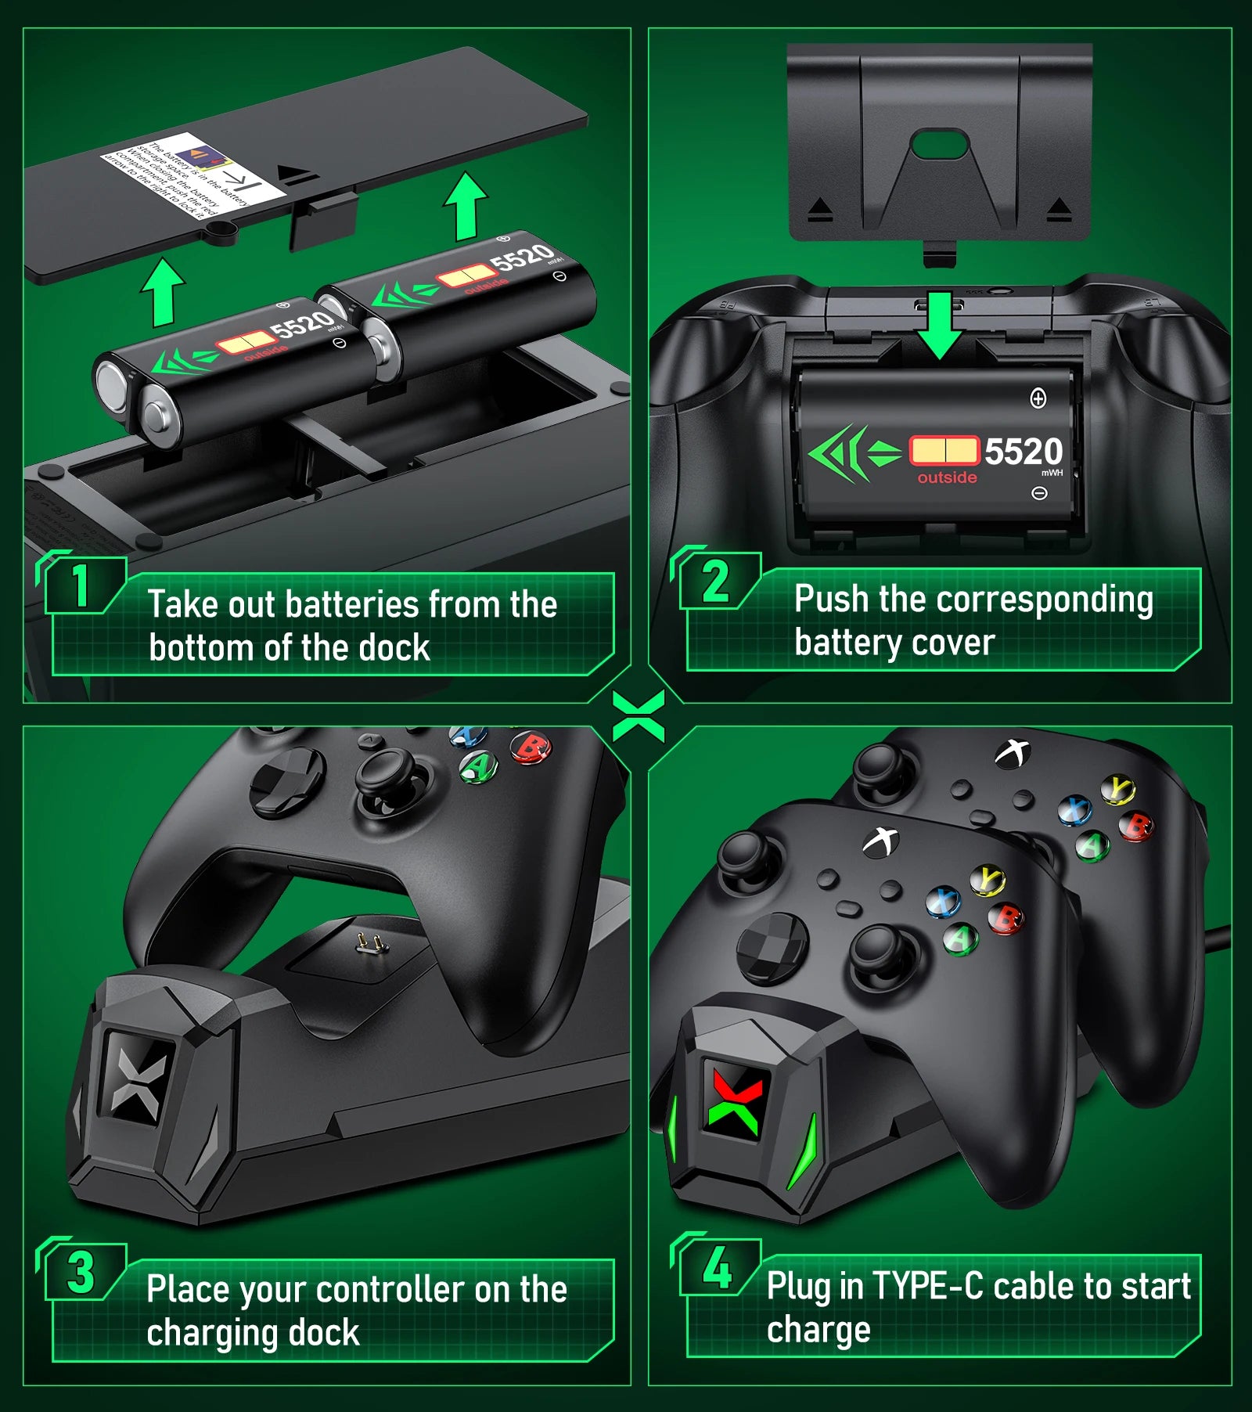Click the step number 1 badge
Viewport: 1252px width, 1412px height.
pyautogui.click(x=81, y=585)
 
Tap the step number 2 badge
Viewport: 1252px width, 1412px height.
pyautogui.click(x=715, y=582)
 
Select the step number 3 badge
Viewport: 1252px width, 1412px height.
pyautogui.click(x=81, y=1272)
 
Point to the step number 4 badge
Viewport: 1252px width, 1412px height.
pyautogui.click(x=717, y=1267)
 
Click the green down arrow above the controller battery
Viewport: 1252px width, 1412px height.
pyautogui.click(x=939, y=325)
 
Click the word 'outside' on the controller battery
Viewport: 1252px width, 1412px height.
pyautogui.click(x=947, y=477)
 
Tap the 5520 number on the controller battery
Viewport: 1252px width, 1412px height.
pyautogui.click(x=1023, y=452)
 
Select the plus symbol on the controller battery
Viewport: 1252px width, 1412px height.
pyautogui.click(x=1038, y=398)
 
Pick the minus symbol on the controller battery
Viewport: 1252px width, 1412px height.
pyautogui.click(x=1039, y=493)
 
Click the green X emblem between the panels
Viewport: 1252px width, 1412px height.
pyautogui.click(x=639, y=715)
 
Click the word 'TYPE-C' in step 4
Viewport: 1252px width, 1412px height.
pyautogui.click(x=927, y=1286)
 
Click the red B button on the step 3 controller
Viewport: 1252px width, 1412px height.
pyautogui.click(x=531, y=747)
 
